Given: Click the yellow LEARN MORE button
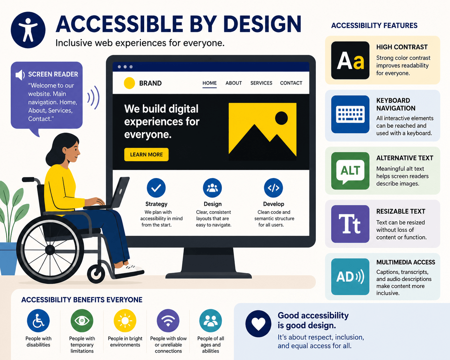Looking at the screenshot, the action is point(146,155).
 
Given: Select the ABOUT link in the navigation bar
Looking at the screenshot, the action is point(234,83).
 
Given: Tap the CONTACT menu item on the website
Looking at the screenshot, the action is point(291,83).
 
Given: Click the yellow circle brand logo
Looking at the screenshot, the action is point(129,83).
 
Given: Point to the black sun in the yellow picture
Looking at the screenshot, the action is point(281,118).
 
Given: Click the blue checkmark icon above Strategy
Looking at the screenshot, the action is point(156,188).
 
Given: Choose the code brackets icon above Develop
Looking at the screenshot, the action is point(273,188).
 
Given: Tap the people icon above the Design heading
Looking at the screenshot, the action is point(212,188).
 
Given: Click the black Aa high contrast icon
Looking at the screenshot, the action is point(350,60).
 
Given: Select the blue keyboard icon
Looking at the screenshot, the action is point(350,114).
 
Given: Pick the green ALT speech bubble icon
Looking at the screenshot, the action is point(350,171).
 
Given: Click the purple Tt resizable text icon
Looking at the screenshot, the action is point(350,224).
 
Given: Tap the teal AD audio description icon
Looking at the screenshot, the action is point(350,277).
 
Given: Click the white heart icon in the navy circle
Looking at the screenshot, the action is point(258,324).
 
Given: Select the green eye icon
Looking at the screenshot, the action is point(82,321).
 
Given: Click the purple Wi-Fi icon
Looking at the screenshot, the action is point(168,321).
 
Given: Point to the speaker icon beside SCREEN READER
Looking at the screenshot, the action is point(20,75).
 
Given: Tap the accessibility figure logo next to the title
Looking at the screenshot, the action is point(28,30).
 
